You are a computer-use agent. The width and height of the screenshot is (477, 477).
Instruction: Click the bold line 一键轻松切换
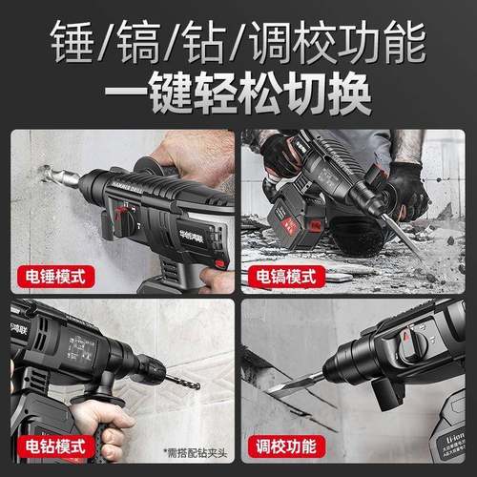(238, 94)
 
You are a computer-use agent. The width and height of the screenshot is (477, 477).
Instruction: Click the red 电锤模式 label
(55, 279)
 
